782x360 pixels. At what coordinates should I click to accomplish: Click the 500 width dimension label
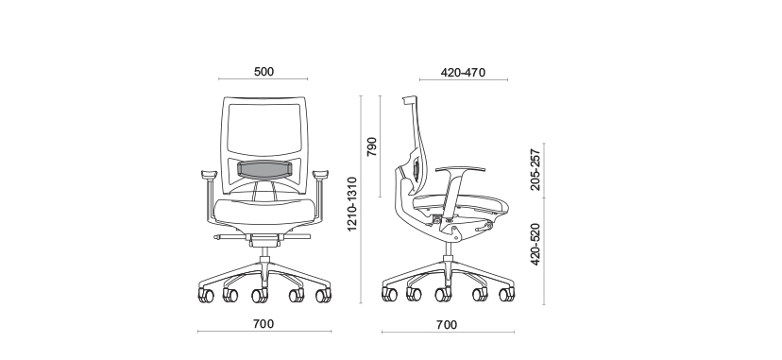(263, 72)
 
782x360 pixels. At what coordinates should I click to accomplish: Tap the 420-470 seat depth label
(463, 73)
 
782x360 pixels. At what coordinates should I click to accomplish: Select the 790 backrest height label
(372, 146)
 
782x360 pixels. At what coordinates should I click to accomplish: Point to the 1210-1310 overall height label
(352, 203)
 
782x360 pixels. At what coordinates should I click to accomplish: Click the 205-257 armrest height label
(535, 169)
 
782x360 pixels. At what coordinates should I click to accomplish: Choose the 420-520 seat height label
(535, 245)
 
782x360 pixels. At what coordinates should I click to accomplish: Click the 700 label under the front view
(263, 324)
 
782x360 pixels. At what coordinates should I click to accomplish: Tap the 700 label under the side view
(447, 325)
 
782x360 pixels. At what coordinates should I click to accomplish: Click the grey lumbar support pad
(264, 168)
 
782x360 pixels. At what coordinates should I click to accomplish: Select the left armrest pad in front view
(210, 174)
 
